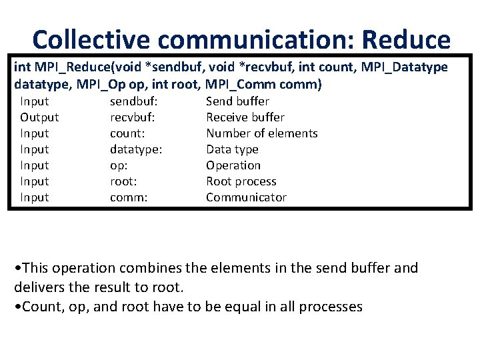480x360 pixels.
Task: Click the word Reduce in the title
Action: (x=406, y=40)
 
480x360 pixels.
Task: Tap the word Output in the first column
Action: (x=39, y=117)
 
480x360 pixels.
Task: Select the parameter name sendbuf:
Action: (x=133, y=101)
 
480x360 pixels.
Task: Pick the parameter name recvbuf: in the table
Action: (x=132, y=117)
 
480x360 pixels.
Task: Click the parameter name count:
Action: (x=127, y=133)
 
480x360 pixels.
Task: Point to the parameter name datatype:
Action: (x=136, y=149)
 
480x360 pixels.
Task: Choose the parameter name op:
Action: (x=119, y=165)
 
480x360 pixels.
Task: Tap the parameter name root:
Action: (x=124, y=181)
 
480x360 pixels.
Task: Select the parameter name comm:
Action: (x=128, y=197)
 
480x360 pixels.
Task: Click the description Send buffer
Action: (x=237, y=101)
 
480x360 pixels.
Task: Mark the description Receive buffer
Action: (x=245, y=117)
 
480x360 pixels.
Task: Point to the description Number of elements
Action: (x=261, y=133)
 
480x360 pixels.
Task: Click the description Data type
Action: (x=232, y=149)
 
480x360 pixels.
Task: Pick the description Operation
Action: (x=233, y=165)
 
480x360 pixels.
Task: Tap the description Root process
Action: (x=241, y=181)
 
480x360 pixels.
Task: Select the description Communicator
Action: (x=246, y=197)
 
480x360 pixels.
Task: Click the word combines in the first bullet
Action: (x=179, y=268)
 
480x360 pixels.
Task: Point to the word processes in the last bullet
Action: (x=331, y=307)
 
